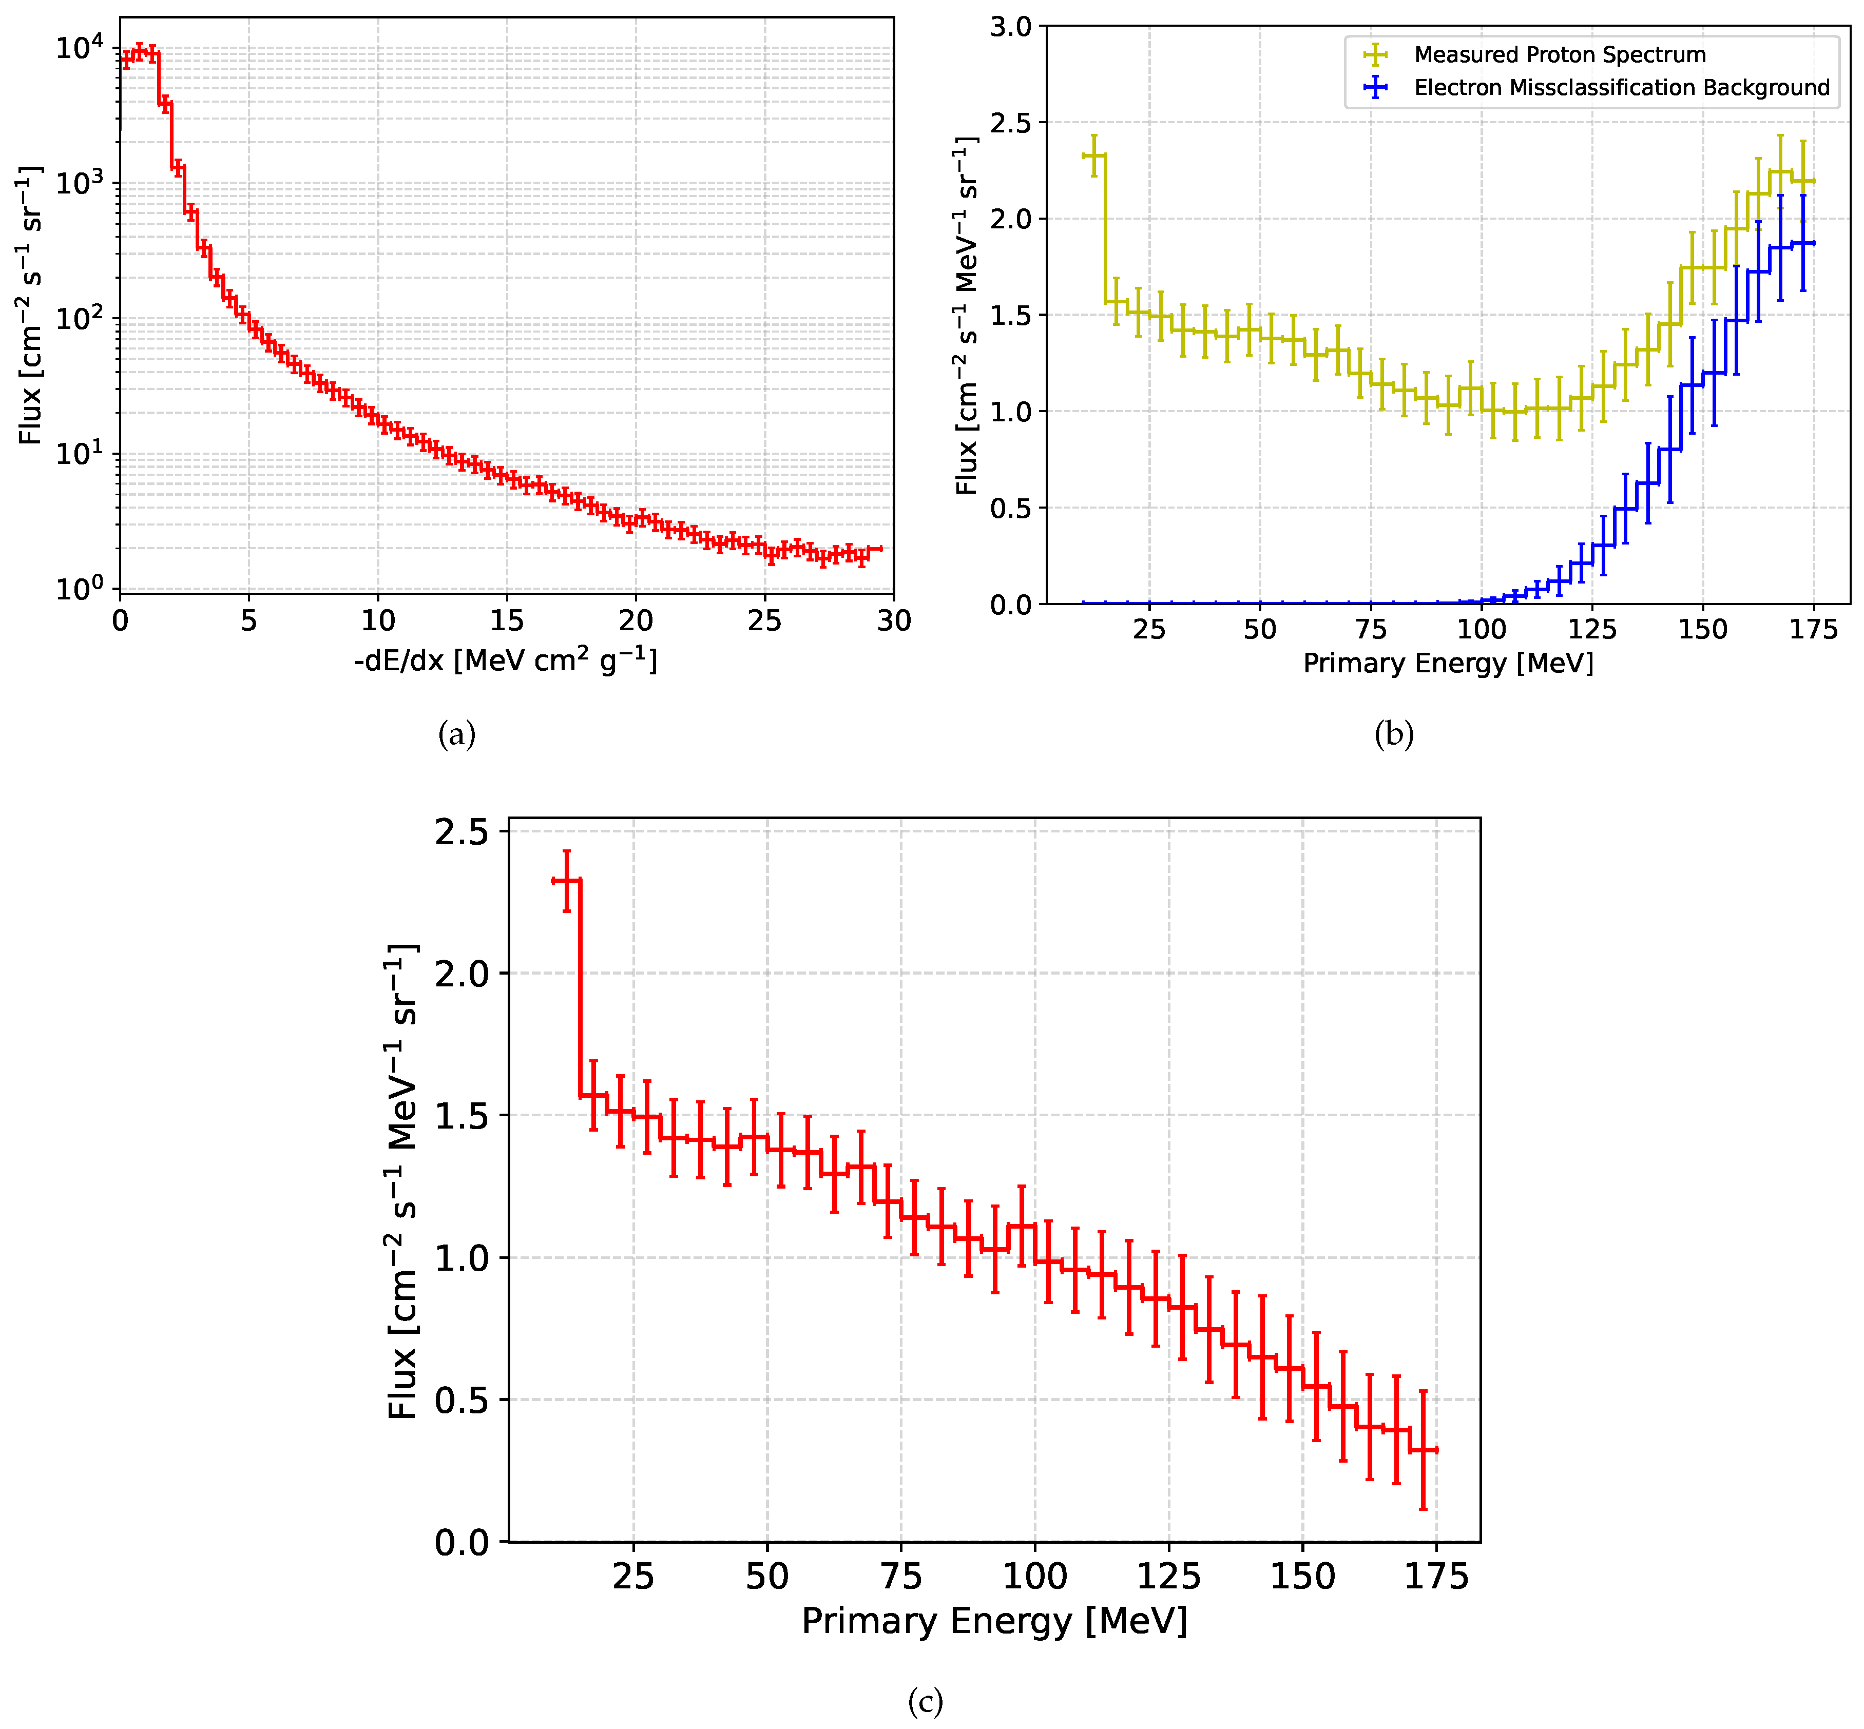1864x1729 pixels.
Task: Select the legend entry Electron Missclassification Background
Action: pyautogui.click(x=1621, y=88)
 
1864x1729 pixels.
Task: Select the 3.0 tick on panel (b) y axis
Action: pyautogui.click(x=1011, y=27)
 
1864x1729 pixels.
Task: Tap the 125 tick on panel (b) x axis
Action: pyautogui.click(x=1592, y=630)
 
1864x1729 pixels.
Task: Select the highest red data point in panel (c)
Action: pyautogui.click(x=566, y=880)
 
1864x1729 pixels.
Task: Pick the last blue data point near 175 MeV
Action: pyautogui.click(x=1802, y=243)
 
